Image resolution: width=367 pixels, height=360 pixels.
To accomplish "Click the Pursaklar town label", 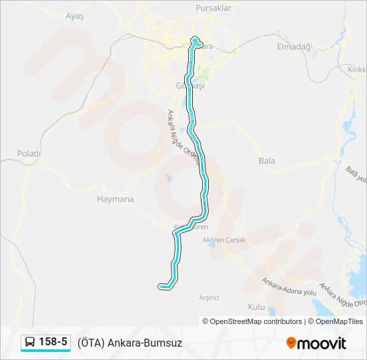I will [214, 8].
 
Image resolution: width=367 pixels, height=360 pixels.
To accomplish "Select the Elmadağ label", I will [294, 47].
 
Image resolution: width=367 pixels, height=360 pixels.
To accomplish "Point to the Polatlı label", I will [29, 153].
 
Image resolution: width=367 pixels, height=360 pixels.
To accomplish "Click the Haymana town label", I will [115, 199].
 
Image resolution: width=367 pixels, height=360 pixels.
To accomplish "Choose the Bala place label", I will [266, 161].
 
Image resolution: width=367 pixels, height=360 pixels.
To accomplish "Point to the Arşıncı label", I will [210, 297].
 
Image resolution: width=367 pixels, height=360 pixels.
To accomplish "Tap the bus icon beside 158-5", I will [31, 343].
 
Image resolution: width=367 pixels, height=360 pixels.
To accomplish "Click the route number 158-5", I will [53, 343].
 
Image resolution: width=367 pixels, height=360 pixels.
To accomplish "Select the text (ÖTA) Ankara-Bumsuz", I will [129, 343].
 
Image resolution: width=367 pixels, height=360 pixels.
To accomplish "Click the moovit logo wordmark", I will [322, 343].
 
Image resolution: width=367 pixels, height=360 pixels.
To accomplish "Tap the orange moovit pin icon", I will [291, 343].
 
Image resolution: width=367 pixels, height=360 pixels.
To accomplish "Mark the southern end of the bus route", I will [161, 287].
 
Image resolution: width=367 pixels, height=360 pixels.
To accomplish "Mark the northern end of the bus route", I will [196, 39].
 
